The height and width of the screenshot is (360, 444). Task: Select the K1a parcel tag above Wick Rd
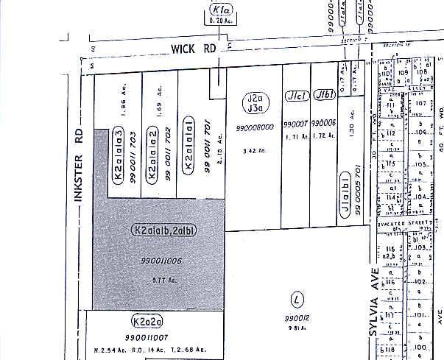point(220,11)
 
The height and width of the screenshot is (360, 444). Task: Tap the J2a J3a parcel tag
point(255,104)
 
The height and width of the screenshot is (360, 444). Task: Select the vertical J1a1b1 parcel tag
point(344,193)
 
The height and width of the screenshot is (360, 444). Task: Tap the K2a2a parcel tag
point(147,322)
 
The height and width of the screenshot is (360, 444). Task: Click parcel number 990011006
point(161,261)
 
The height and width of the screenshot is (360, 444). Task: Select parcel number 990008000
point(256,127)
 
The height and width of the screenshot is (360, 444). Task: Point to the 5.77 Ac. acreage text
point(159,280)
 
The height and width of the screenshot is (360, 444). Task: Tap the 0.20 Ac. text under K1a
point(220,21)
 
